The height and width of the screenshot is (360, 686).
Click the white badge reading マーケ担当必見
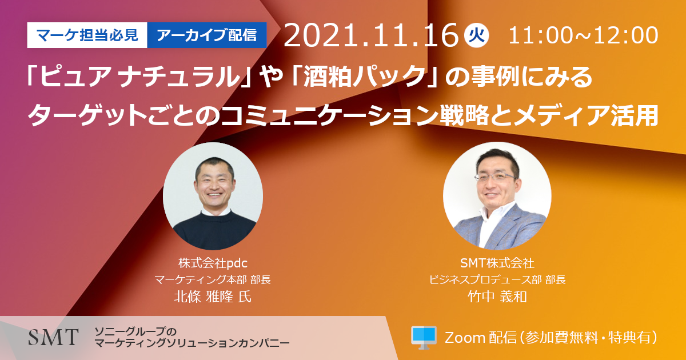(87, 35)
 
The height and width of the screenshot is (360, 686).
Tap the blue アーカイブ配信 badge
(207, 35)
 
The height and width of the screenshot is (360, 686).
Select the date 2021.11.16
(371, 35)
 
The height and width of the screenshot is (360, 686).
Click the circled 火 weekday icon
(477, 35)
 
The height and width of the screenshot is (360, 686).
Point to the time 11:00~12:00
(583, 35)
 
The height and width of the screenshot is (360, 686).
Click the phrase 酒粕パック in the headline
(365, 76)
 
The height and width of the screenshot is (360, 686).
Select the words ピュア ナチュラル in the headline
(139, 77)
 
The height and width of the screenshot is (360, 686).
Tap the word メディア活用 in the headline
(585, 115)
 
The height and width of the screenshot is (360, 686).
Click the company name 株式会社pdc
(213, 263)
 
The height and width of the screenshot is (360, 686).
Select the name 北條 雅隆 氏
(213, 297)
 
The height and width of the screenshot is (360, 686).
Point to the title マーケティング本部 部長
(213, 279)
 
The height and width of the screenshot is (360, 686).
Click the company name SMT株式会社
(497, 263)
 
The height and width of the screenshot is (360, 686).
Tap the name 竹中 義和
(497, 297)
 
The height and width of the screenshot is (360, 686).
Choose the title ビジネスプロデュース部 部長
(497, 279)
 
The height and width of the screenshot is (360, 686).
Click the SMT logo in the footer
(53, 337)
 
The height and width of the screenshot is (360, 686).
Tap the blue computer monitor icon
(424, 338)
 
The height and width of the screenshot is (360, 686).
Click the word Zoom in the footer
(465, 338)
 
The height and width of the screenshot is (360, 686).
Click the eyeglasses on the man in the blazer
(495, 177)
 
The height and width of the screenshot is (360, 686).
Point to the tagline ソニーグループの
(135, 331)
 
